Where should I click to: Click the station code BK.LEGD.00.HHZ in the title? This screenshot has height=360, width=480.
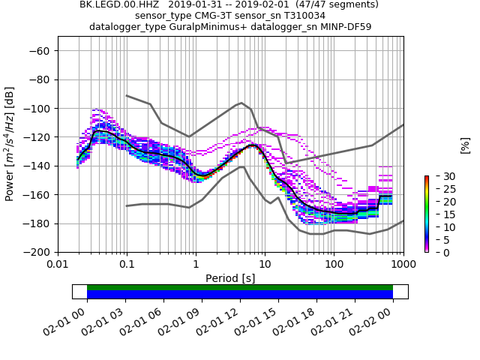[117, 4]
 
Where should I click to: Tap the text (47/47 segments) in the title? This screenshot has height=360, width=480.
[331, 4]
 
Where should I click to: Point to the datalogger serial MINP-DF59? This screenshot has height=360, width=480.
[344, 27]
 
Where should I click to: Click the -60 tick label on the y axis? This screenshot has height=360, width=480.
[38, 51]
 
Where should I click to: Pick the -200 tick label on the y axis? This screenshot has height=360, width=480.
[35, 252]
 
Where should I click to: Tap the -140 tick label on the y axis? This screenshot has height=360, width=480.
[35, 166]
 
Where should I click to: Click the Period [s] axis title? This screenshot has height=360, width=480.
[230, 278]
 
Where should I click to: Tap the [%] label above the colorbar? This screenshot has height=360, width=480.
[465, 145]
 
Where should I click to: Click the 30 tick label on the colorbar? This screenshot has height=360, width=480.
[439, 176]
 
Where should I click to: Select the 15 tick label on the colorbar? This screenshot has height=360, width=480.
[439, 214]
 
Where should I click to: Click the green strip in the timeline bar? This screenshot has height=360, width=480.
[240, 287]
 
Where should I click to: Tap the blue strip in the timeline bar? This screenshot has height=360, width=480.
[240, 295]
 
